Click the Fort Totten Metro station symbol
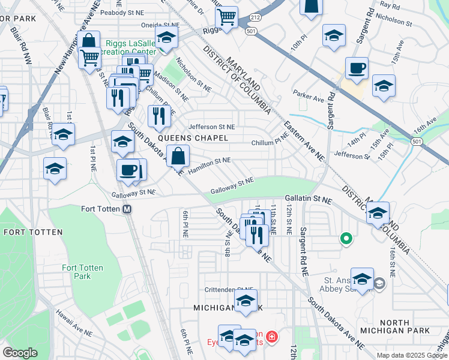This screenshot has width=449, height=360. pyautogui.click(x=127, y=209)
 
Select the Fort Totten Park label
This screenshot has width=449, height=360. pyautogui.click(x=82, y=272)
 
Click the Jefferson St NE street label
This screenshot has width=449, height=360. pyautogui.click(x=211, y=127)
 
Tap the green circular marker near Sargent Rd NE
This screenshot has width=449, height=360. pyautogui.click(x=346, y=239)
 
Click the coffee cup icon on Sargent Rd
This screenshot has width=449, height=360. pyautogui.click(x=357, y=70)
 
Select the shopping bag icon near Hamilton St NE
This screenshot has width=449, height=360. pyautogui.click(x=178, y=157)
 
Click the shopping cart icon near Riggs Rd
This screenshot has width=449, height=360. pyautogui.click(x=227, y=17)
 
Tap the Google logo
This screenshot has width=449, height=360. pyautogui.click(x=20, y=353)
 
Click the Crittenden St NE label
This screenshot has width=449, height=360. pyautogui.click(x=229, y=290)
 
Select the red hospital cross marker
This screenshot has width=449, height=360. pyautogui.click(x=272, y=337)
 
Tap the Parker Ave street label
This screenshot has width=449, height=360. pyautogui.click(x=308, y=95)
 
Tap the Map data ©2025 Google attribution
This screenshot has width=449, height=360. pyautogui.click(x=412, y=355)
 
